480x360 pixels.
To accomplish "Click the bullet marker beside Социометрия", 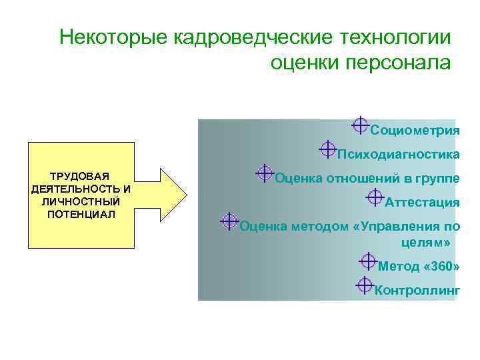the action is [x=360, y=125].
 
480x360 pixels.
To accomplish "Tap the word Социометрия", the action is [x=415, y=131].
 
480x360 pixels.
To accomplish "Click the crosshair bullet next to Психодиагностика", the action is [x=327, y=149].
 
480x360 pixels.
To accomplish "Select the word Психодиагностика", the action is [x=398, y=155].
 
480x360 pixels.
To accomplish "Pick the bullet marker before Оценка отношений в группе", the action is [x=265, y=173].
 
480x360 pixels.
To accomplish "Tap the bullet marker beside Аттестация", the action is [x=375, y=197].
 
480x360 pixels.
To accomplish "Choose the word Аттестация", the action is [x=422, y=203].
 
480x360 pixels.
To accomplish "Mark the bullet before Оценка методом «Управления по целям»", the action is [x=229, y=221].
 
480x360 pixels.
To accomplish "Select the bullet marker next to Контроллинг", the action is [x=365, y=285].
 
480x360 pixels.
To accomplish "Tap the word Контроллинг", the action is [x=417, y=291].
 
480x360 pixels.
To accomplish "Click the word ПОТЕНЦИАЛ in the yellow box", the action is [x=81, y=214].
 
